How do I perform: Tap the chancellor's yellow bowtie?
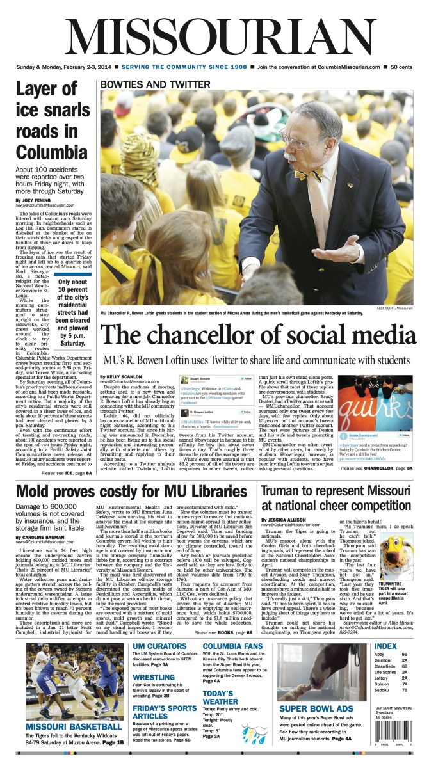coord(308,174)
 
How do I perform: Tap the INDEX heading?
coord(386,646)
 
